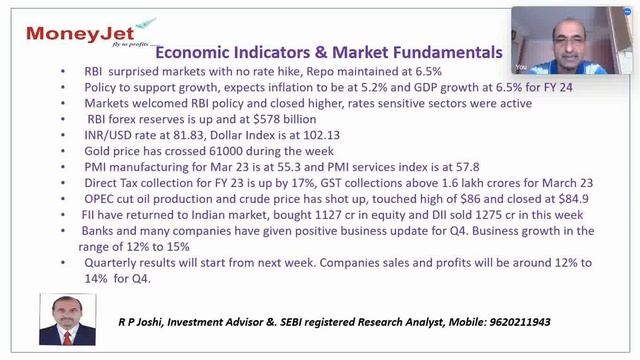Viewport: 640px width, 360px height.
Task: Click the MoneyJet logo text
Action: click(x=70, y=32)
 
